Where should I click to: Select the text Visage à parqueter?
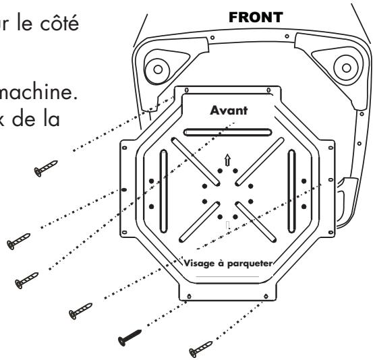226,264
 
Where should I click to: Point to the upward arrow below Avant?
227,160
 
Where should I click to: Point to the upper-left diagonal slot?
193,160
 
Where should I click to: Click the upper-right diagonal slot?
262,160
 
